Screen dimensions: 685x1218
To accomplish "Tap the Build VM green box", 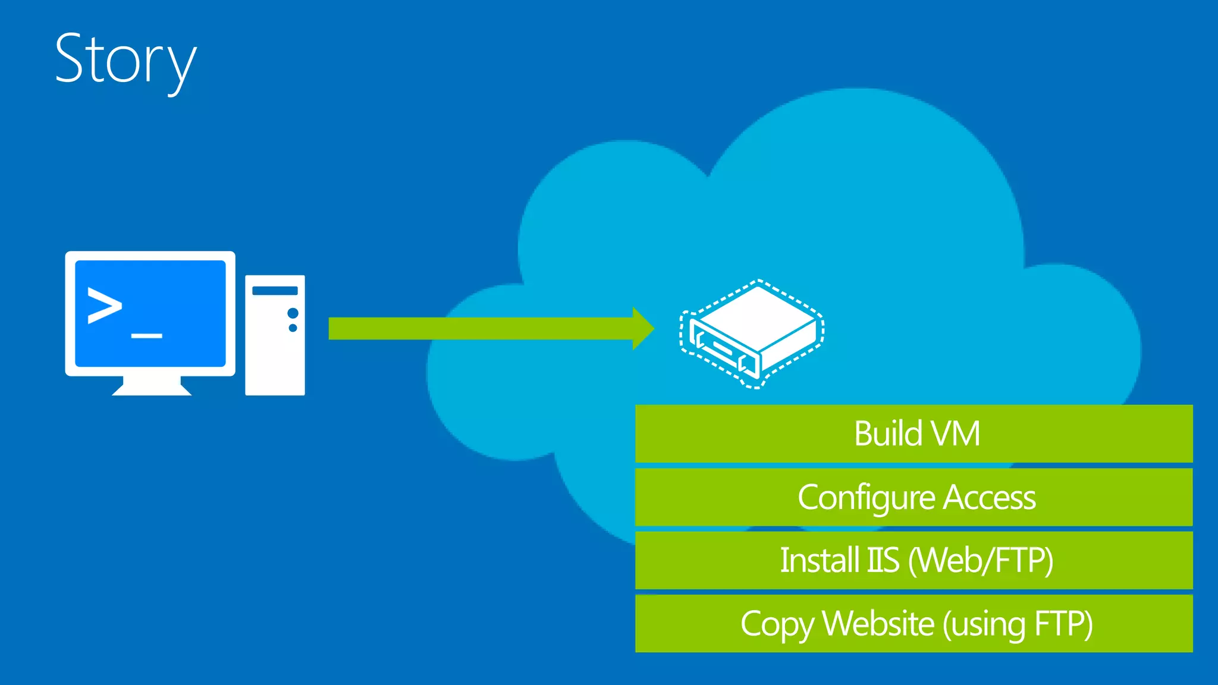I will [x=913, y=433].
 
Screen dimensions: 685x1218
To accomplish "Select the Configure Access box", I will [x=913, y=497].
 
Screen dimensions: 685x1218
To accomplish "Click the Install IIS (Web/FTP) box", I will [x=913, y=560].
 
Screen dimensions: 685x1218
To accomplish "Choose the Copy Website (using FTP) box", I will [x=913, y=624].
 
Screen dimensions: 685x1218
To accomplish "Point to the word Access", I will [x=990, y=497].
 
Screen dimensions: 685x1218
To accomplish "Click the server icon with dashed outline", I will [x=752, y=333].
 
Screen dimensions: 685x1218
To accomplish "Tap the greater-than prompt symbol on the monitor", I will [x=105, y=306].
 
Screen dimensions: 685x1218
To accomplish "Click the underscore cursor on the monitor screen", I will [x=146, y=336].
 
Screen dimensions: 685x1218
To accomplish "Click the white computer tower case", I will [x=275, y=357].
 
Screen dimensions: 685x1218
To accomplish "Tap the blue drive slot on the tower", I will [x=275, y=291].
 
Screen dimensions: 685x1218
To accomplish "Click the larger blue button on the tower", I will [x=293, y=313].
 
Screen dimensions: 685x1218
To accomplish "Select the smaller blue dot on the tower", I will [x=293, y=328].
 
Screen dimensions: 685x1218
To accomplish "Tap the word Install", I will [x=820, y=560].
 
